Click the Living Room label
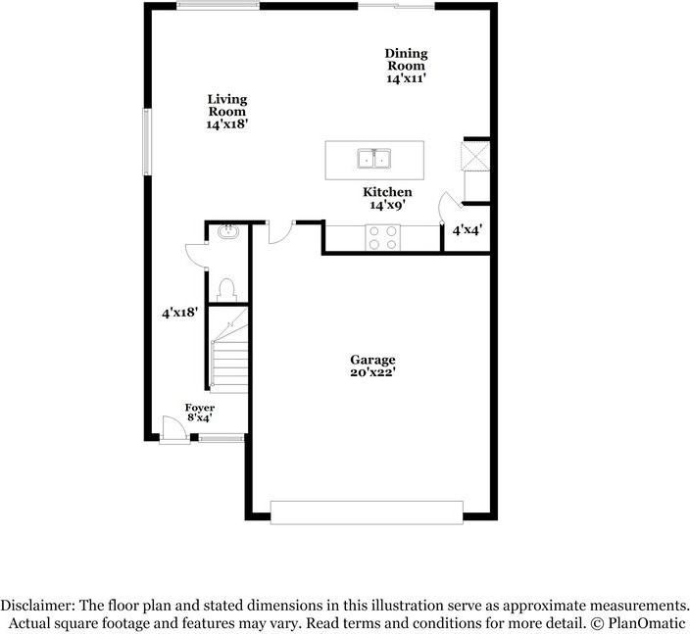click(226, 106)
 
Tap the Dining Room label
click(406, 60)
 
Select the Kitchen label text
click(387, 193)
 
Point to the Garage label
click(373, 360)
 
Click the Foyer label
click(200, 408)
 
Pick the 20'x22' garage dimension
click(373, 372)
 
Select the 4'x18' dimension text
click(180, 313)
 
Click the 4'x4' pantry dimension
click(467, 231)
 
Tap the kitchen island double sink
click(374, 158)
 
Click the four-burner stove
click(383, 237)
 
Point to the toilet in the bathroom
click(227, 288)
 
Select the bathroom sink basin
click(228, 232)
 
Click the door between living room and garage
click(279, 231)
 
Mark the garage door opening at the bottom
click(367, 512)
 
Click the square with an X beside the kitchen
click(475, 156)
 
